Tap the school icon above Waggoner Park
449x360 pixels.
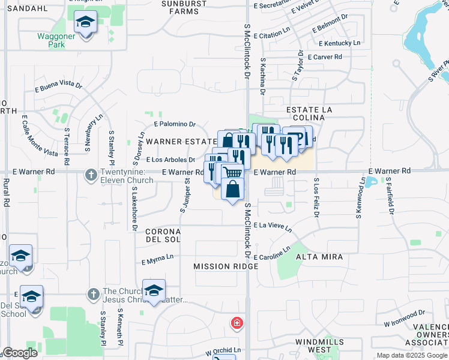(x=85, y=23)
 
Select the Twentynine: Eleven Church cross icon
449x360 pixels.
(x=91, y=175)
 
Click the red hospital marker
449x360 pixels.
(x=238, y=323)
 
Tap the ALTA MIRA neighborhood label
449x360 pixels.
(x=319, y=257)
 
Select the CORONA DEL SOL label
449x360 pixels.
(x=163, y=235)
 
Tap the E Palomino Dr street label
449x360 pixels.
(x=175, y=124)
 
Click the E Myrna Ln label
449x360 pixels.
(x=157, y=259)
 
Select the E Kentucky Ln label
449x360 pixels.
(x=340, y=43)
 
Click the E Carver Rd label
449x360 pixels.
(x=324, y=57)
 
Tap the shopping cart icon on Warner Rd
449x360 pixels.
(x=232, y=173)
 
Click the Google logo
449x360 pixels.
(x=20, y=353)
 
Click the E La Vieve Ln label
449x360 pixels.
(x=273, y=227)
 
